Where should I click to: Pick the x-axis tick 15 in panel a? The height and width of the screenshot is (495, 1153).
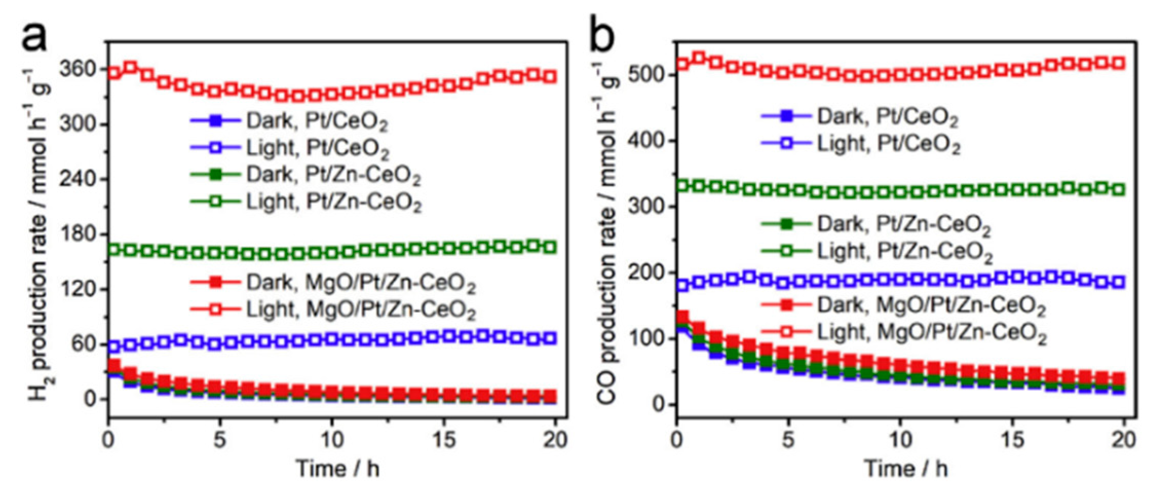coord(443,439)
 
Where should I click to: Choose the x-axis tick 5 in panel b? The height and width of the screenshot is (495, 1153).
coord(788,439)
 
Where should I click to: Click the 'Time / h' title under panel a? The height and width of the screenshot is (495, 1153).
coord(337,469)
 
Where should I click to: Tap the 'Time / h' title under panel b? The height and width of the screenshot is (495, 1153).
coord(906,469)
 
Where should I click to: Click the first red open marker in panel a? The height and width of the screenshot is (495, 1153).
coord(114,73)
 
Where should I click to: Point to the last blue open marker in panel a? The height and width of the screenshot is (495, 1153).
coord(550,338)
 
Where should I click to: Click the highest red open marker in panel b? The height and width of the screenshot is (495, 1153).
coord(699,58)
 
